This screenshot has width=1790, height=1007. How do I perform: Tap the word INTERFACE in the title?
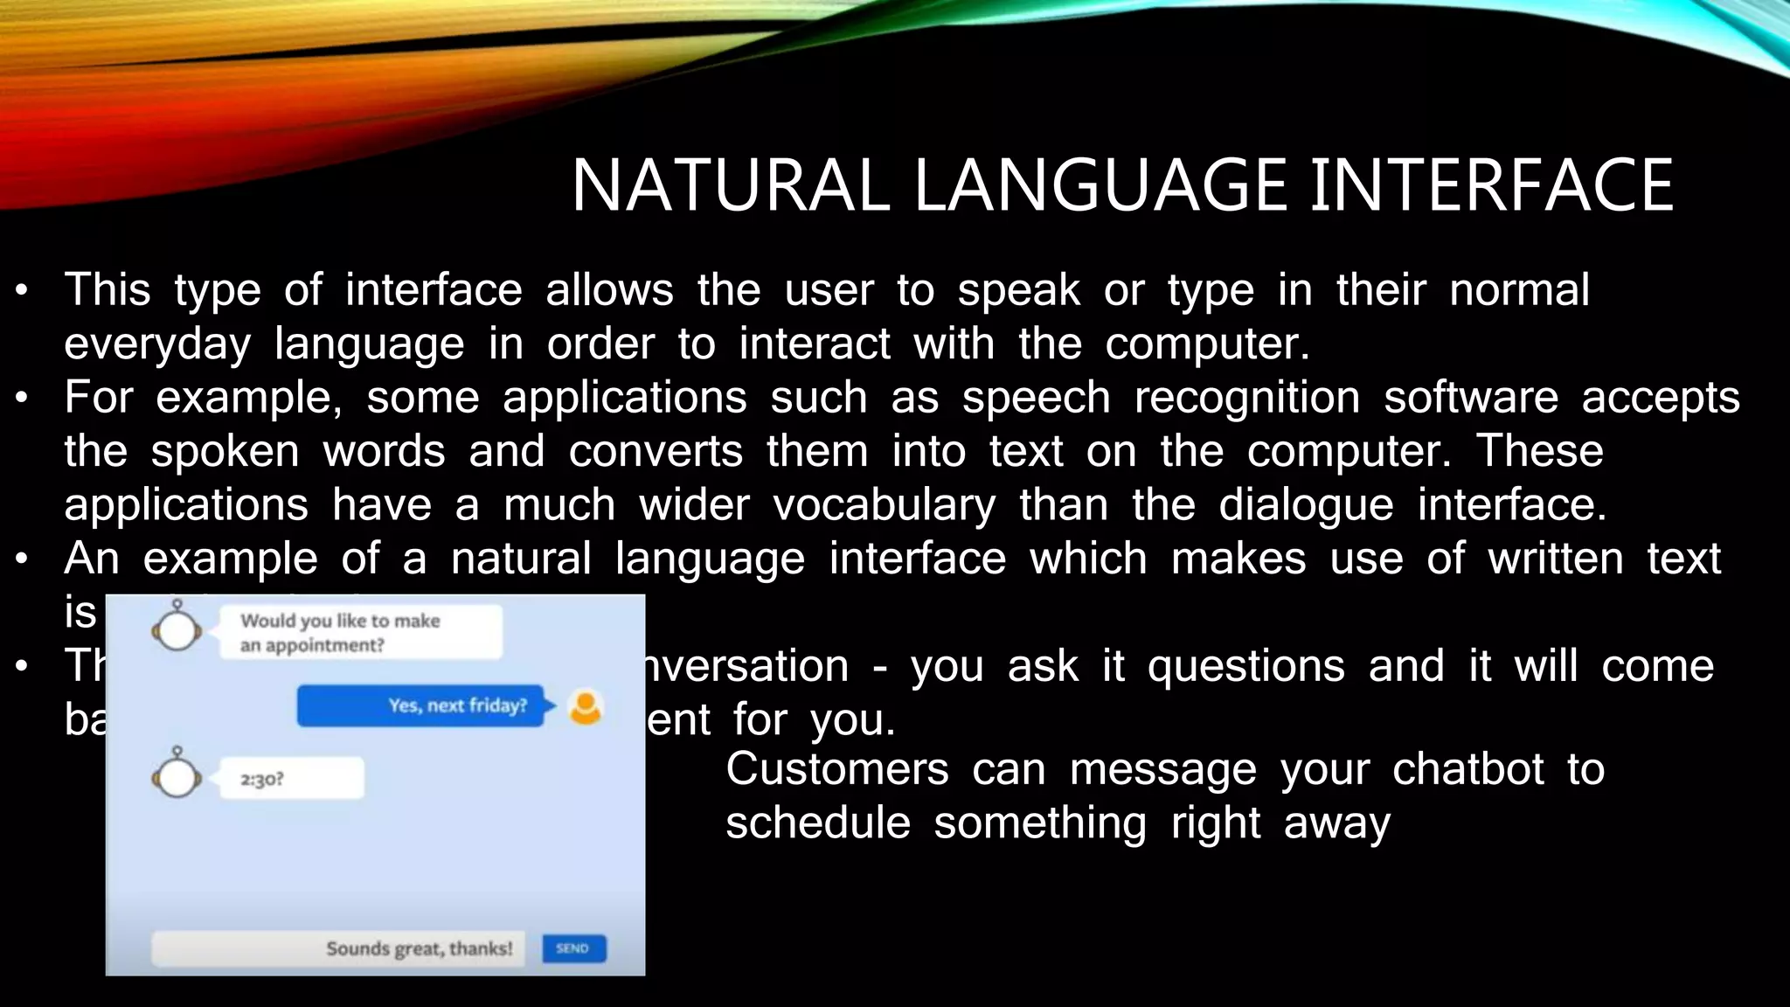[x=1490, y=185]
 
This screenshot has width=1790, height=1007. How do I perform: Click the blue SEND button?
[x=573, y=948]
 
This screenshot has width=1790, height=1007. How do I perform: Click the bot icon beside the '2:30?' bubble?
[x=177, y=775]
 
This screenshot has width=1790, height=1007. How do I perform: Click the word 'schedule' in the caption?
[x=817, y=823]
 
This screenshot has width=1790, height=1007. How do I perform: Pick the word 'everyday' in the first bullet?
[x=157, y=344]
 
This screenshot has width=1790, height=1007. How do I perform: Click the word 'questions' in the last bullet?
[x=1245, y=666]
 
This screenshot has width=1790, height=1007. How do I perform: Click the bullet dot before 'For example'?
[x=23, y=399]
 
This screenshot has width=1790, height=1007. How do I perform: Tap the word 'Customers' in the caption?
[x=836, y=769]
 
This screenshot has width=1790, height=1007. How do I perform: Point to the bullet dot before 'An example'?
[x=23, y=559]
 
